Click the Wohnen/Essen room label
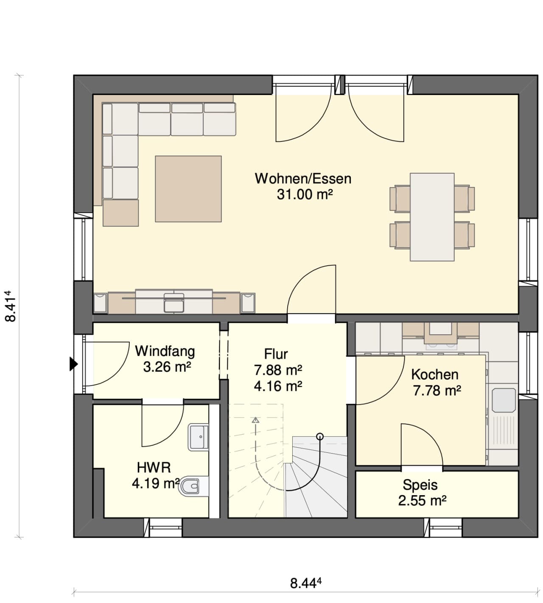[x=303, y=179]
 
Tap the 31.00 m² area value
[x=305, y=194]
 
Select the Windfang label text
[x=165, y=352]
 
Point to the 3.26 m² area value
[x=167, y=367]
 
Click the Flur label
[x=276, y=354]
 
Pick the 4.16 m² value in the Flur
[x=278, y=386]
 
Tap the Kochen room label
[x=435, y=375]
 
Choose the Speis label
[x=420, y=485]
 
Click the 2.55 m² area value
[x=422, y=500]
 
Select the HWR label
[x=154, y=468]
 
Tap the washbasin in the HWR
[x=199, y=437]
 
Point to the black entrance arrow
[x=74, y=364]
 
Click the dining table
[x=432, y=217]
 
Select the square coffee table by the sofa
[x=188, y=189]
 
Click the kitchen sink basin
[x=504, y=400]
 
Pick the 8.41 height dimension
[x=10, y=306]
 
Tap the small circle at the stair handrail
[x=320, y=436]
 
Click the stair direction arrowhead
[x=255, y=420]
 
